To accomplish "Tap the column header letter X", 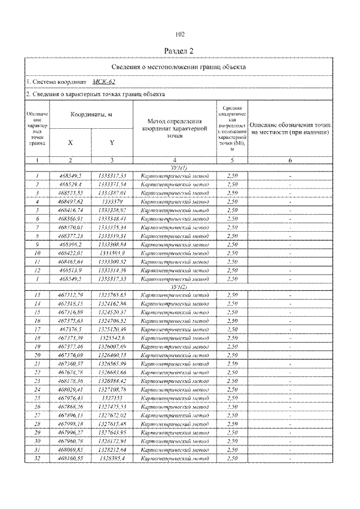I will coord(70,143).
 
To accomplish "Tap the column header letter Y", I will coord(111,143).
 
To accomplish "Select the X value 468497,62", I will coord(71,200).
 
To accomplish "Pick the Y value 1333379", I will coord(112,200).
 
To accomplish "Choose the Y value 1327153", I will coord(112,397).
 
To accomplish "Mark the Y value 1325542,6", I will coord(112,337).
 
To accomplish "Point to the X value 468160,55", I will coord(71,458).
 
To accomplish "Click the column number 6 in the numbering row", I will coord(290,161).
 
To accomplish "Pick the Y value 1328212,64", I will coord(112,449).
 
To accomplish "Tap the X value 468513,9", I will coord(71,271).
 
